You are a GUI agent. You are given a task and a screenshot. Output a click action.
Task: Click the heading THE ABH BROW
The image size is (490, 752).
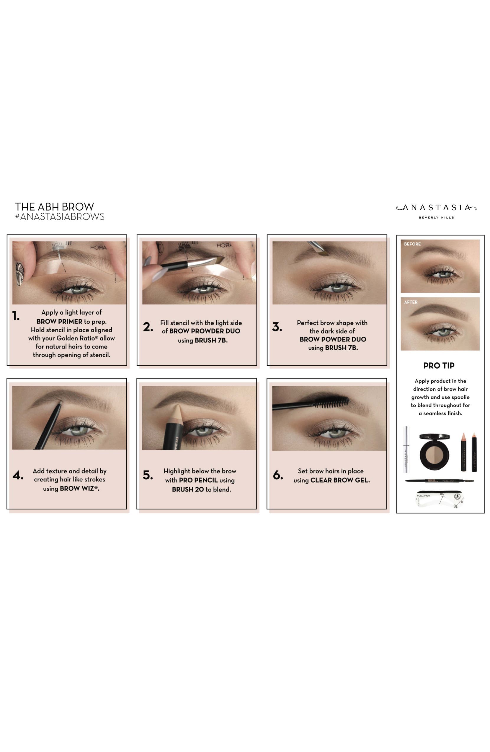(54, 207)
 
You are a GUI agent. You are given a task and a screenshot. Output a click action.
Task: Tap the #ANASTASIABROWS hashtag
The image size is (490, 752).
(60, 217)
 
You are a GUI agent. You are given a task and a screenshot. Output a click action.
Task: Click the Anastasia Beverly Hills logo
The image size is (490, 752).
(436, 211)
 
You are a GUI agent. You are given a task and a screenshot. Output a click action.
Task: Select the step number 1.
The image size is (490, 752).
(16, 316)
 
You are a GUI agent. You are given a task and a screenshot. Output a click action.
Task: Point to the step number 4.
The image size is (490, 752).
(18, 475)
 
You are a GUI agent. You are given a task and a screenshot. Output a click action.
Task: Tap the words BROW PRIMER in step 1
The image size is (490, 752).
(59, 321)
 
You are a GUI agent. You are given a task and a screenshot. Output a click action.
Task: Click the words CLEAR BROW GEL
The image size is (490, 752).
(340, 480)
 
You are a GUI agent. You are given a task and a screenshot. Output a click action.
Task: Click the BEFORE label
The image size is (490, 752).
(412, 244)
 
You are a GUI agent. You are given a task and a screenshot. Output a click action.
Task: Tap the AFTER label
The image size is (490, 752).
(411, 302)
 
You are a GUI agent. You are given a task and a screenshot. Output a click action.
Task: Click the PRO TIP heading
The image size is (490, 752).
(439, 366)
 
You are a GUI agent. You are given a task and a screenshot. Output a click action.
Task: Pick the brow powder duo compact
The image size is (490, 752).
(434, 452)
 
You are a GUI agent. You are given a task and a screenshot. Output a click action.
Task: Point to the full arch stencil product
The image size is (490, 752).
(440, 499)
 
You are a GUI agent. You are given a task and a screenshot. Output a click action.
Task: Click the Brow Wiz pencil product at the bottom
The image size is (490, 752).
(440, 481)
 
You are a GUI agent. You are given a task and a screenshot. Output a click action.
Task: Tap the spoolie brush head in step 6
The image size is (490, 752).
(332, 402)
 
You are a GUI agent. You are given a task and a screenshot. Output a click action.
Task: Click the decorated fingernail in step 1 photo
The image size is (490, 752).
(19, 273)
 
